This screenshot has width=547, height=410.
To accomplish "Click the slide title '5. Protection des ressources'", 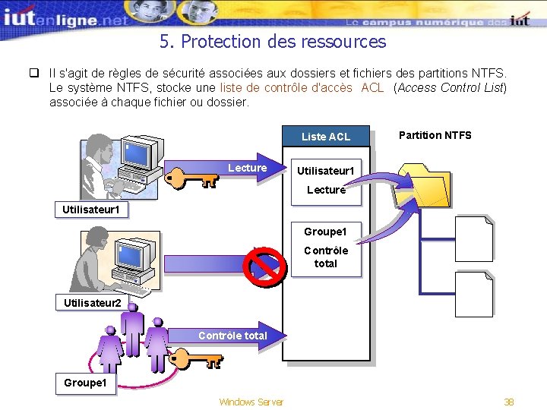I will pyautogui.click(x=273, y=41).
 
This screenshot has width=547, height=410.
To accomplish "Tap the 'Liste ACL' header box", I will pyautogui.click(x=325, y=137).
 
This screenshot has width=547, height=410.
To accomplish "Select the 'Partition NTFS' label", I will pyautogui.click(x=435, y=135).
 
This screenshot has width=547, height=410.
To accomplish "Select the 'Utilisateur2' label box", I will pyautogui.click(x=91, y=303).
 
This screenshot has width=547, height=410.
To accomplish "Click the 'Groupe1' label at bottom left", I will pyautogui.click(x=84, y=383).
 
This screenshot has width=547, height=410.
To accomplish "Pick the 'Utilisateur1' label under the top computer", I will pyautogui.click(x=91, y=208).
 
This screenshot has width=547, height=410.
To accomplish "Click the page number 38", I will pyautogui.click(x=509, y=402).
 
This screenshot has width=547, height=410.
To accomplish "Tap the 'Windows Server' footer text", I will pyautogui.click(x=251, y=402).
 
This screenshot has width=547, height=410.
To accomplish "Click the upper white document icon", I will pyautogui.click(x=473, y=238).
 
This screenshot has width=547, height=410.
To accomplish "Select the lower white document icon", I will pyautogui.click(x=473, y=294).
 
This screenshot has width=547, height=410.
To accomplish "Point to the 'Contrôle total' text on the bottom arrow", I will pyautogui.click(x=232, y=335).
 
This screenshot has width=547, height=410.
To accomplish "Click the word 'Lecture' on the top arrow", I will pyautogui.click(x=247, y=168).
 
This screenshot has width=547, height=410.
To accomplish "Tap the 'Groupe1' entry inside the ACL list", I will pyautogui.click(x=325, y=232).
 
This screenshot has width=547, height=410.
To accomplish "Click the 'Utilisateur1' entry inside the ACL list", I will pyautogui.click(x=325, y=171).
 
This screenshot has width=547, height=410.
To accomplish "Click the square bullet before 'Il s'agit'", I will pyautogui.click(x=33, y=74).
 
